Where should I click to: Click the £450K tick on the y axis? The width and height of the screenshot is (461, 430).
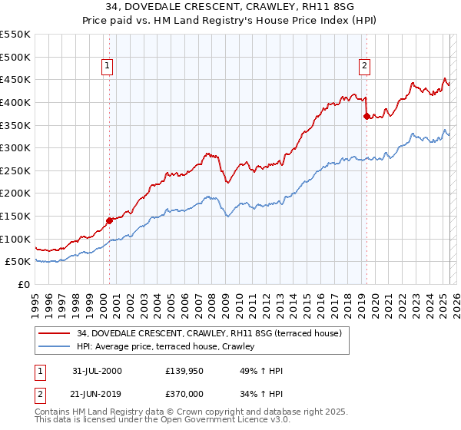[15, 79]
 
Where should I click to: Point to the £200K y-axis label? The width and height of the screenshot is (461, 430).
[15, 193]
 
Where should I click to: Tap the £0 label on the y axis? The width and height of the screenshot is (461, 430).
[23, 284]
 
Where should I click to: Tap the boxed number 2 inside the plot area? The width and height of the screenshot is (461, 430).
[363, 66]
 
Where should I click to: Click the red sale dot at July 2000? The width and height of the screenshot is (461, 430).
[109, 220]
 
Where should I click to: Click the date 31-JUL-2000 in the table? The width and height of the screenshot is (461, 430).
[97, 371]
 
